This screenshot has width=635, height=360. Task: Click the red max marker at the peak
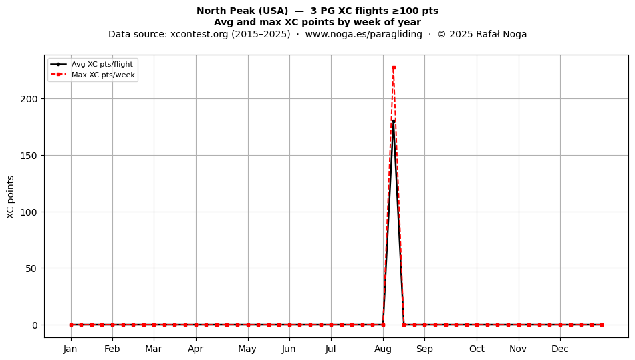(x=394, y=68)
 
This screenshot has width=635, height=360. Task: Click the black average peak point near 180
(x=394, y=121)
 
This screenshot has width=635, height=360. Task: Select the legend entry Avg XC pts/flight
(x=102, y=64)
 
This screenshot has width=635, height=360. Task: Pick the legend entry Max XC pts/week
(x=103, y=75)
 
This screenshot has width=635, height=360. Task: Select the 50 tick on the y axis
(x=31, y=268)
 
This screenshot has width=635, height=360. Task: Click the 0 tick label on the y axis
(x=35, y=325)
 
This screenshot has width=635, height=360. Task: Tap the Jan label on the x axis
(x=70, y=349)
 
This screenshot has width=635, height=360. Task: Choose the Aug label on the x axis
(x=383, y=349)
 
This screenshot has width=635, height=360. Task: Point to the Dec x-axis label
(x=560, y=349)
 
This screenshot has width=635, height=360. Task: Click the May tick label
(x=247, y=349)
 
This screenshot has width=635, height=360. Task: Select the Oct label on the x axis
(x=477, y=349)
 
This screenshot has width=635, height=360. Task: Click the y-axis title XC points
(x=11, y=197)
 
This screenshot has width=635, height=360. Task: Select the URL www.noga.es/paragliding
(x=364, y=34)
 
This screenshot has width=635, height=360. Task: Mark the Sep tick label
(x=424, y=349)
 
